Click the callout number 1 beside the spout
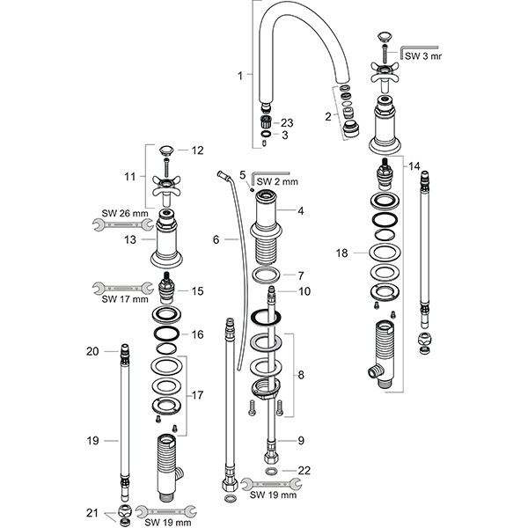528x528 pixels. click(x=239, y=76)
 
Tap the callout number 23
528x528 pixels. click(x=288, y=122)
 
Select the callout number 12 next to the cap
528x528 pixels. click(x=198, y=150)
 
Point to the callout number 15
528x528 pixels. click(x=198, y=290)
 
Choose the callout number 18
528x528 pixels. click(x=343, y=253)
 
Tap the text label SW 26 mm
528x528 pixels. click(x=119, y=212)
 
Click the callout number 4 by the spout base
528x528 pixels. click(x=300, y=211)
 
